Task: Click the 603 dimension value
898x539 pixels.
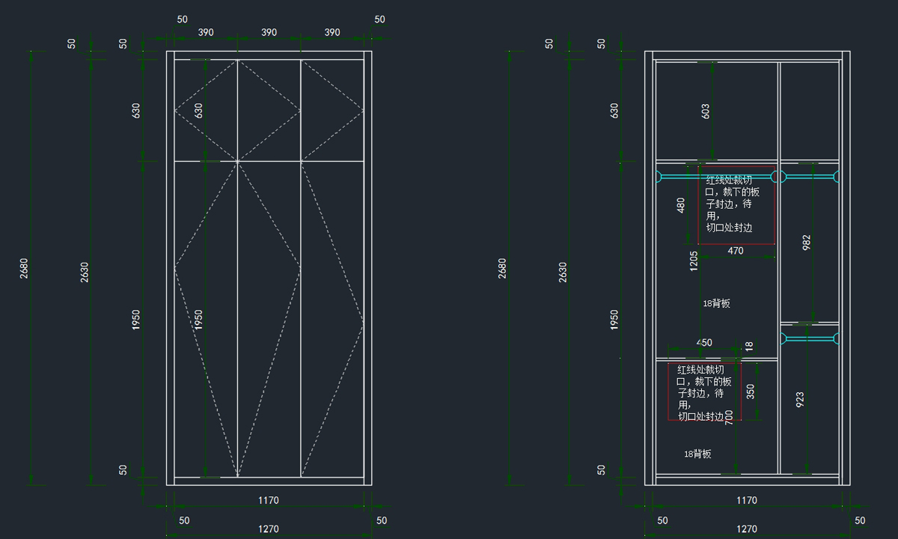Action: coord(706,112)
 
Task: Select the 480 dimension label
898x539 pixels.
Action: coord(681,205)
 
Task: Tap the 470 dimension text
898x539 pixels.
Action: coord(736,251)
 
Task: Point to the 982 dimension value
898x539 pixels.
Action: coord(807,243)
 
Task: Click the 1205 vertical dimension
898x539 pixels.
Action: coord(694,261)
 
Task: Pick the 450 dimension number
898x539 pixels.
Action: coord(704,343)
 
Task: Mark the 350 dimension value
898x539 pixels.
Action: coord(751,392)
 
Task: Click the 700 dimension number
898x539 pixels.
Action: coord(729,418)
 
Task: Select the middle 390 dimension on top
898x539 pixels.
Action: coord(269,33)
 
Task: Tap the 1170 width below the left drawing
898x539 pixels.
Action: coord(269,500)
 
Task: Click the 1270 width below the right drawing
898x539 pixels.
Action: coord(746,529)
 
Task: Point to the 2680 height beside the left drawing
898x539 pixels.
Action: coord(24,268)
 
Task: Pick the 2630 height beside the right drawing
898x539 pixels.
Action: coord(563,272)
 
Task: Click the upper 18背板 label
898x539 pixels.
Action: coord(716,303)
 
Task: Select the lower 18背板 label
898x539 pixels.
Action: coord(697,454)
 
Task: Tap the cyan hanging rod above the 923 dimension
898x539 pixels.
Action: coord(808,339)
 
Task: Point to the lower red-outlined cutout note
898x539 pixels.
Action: coord(703,393)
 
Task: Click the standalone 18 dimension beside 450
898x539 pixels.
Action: coord(749,347)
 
